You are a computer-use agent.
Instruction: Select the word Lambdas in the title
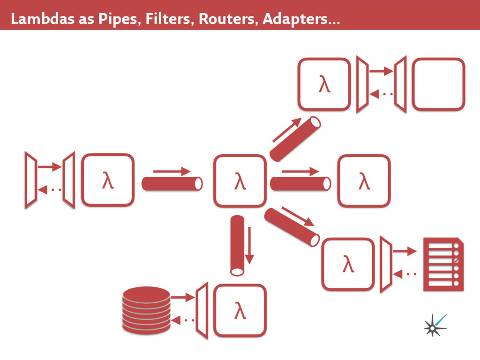[x=40, y=19]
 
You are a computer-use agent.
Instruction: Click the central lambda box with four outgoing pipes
[x=240, y=180]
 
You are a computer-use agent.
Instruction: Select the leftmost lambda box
[x=108, y=180]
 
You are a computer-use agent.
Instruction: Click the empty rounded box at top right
[x=438, y=84]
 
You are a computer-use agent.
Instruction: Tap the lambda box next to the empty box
[x=324, y=84]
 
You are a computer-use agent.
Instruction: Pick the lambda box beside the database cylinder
[x=240, y=310]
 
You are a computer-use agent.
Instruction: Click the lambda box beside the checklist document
[x=347, y=264]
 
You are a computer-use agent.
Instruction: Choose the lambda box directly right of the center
[x=364, y=180]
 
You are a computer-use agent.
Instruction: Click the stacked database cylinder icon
[x=146, y=310]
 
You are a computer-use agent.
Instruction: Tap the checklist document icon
[x=443, y=264]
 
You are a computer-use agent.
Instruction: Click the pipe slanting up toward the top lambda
[x=295, y=139]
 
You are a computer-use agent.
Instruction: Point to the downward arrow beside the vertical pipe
[x=249, y=245]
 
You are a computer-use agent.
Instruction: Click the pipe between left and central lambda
[x=172, y=184]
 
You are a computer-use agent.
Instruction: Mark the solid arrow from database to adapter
[x=183, y=297]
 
